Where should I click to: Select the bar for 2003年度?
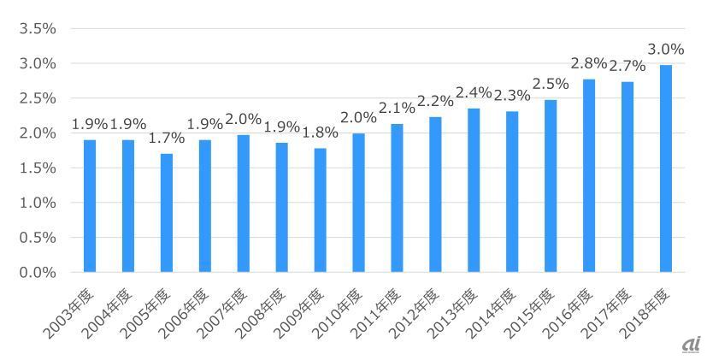click(89, 206)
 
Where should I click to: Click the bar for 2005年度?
click(166, 213)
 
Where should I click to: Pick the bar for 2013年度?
click(474, 190)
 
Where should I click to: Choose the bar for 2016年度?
click(589, 175)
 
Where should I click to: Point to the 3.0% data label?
click(665, 50)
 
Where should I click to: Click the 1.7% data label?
click(166, 138)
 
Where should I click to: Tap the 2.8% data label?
click(589, 63)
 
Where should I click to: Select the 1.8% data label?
click(320, 133)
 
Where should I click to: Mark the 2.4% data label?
click(474, 92)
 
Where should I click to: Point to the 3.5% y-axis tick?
click(37, 29)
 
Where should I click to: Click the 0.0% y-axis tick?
click(37, 273)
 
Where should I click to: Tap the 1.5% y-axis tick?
click(37, 168)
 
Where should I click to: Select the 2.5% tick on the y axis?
click(37, 98)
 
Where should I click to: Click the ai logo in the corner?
click(691, 345)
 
